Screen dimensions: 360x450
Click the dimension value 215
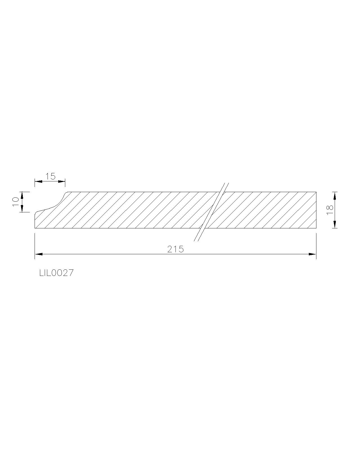click(x=175, y=249)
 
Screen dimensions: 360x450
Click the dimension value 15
click(x=50, y=177)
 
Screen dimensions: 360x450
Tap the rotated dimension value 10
click(x=16, y=202)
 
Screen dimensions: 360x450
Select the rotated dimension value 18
click(x=329, y=210)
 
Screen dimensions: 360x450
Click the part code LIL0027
click(x=57, y=273)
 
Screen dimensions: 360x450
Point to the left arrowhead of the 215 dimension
click(x=39, y=254)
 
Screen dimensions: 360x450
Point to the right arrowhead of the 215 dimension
click(x=312, y=254)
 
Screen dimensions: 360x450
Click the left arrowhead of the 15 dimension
click(x=39, y=181)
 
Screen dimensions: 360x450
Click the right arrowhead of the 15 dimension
click(x=62, y=181)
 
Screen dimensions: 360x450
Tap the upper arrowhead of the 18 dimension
click(x=335, y=196)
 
